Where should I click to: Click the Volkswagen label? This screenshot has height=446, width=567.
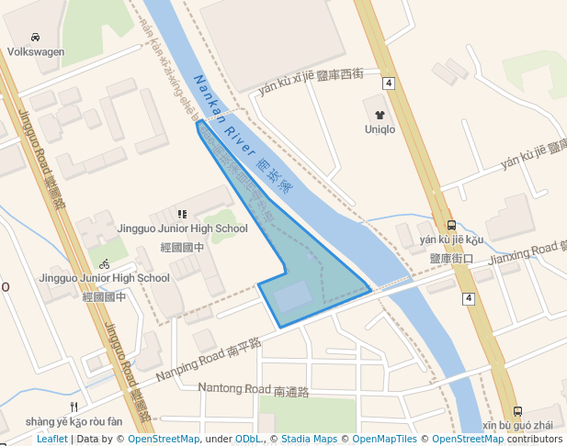click(x=36, y=52)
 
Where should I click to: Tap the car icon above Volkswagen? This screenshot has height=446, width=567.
click(x=35, y=38)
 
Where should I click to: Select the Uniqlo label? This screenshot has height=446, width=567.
click(x=380, y=129)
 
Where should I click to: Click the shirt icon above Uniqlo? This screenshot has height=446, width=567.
click(x=380, y=115)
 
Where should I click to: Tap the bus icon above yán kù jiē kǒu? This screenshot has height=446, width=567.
click(x=450, y=225)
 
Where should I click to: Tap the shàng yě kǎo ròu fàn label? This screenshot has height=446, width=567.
click(x=74, y=421)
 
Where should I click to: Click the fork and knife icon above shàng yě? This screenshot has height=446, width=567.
click(x=74, y=407)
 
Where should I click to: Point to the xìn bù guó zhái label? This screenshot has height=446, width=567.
click(x=517, y=426)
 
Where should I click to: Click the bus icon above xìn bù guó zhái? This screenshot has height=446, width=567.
click(x=517, y=412)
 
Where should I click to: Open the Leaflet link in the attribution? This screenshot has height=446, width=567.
click(x=52, y=440)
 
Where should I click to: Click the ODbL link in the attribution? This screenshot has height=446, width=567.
click(x=249, y=440)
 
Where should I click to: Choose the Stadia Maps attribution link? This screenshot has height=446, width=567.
click(x=309, y=440)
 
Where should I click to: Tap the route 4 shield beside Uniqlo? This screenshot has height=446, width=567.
click(x=390, y=84)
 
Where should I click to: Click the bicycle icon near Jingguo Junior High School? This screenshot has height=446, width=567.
click(x=105, y=263)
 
